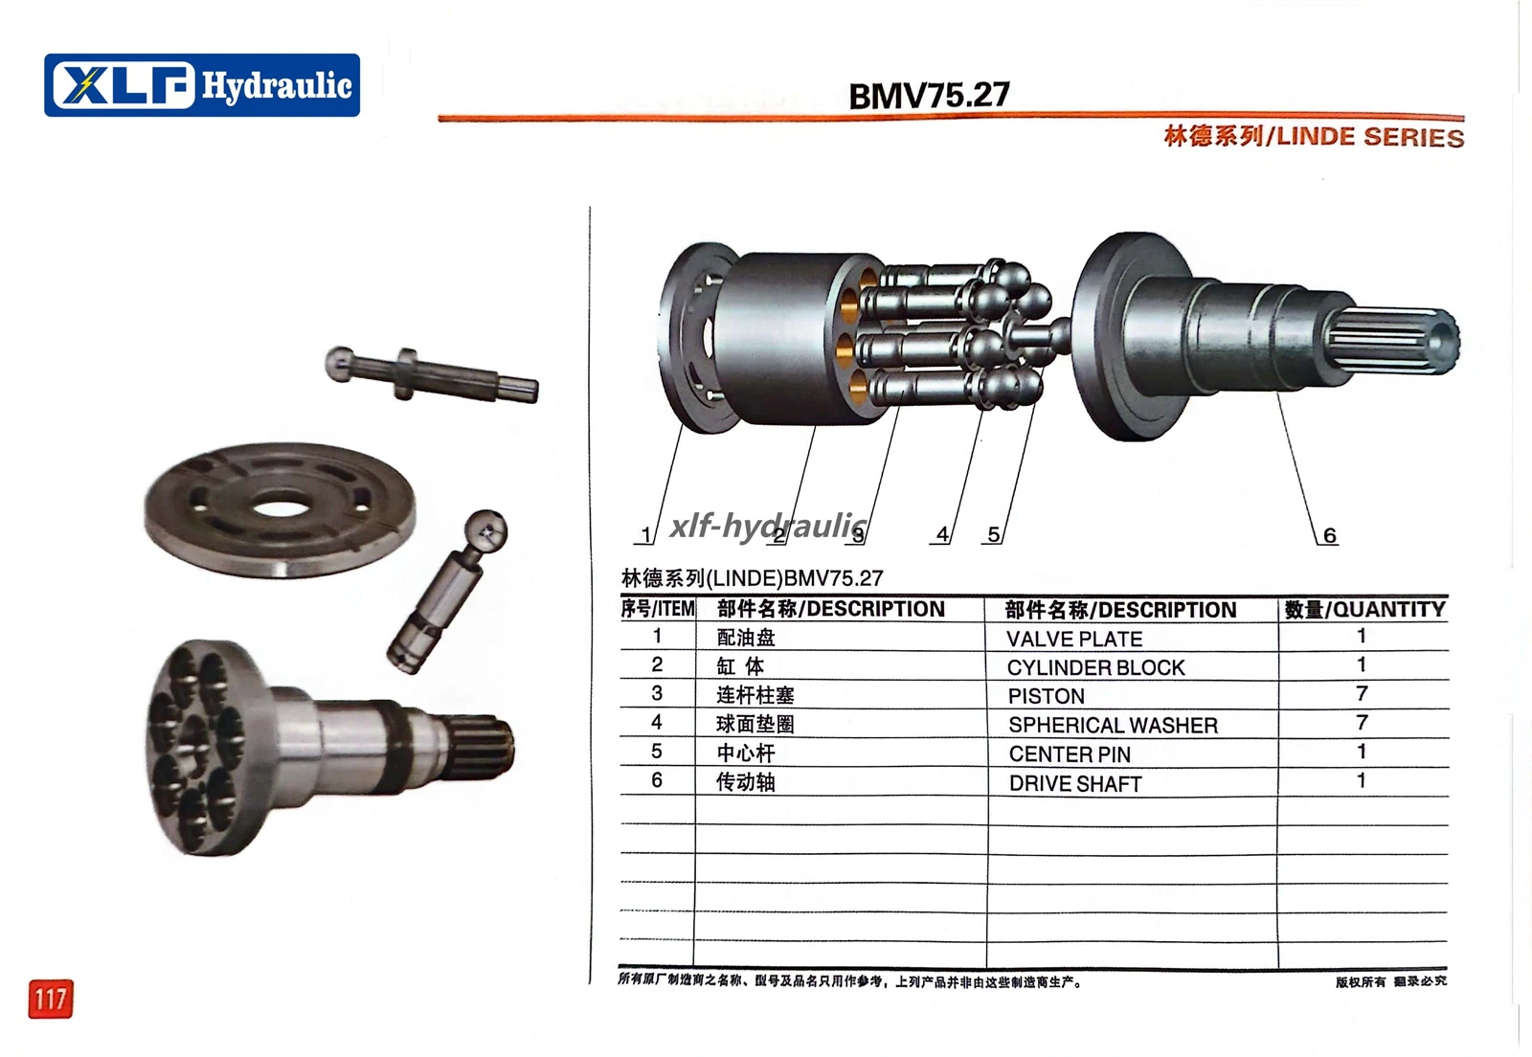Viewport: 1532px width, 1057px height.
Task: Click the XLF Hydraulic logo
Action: coord(202,85)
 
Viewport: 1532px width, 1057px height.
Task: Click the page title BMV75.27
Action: coord(929,95)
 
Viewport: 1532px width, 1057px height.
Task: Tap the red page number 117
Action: coord(51,999)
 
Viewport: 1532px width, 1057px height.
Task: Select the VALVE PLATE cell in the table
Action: coord(1073,639)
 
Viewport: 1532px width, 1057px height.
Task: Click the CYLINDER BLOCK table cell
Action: coord(1095,667)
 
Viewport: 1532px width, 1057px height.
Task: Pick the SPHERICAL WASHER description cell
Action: coord(1113,725)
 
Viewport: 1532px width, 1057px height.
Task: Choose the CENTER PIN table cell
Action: coord(1070,754)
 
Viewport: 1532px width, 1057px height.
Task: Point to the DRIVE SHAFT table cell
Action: coord(1075,783)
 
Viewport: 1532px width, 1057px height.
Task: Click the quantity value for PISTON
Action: coord(1362,693)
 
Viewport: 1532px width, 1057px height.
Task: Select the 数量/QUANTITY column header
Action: coord(1364,609)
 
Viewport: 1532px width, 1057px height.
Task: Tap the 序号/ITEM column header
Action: coord(657,609)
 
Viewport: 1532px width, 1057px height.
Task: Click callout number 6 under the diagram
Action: coord(1330,535)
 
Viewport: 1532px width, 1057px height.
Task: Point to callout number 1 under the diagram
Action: coord(645,534)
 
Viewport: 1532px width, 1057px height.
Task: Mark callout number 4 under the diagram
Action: coord(942,534)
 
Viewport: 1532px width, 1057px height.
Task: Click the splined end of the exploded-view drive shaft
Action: coord(1395,340)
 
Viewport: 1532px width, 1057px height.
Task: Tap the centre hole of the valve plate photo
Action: coord(282,508)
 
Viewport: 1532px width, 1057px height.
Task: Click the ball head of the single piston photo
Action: coord(485,530)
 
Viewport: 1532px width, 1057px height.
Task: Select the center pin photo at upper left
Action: coord(431,374)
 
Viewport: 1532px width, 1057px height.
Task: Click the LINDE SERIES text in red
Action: coord(1370,137)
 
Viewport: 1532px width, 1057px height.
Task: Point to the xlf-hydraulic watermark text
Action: coord(769,526)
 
